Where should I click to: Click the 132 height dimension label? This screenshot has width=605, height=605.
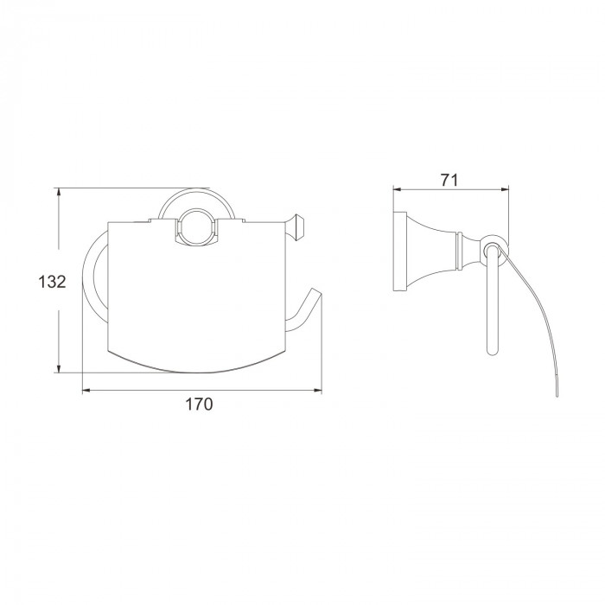point(52,282)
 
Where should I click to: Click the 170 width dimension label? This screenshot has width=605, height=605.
point(199,404)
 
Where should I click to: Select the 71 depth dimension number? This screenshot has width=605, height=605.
point(449,180)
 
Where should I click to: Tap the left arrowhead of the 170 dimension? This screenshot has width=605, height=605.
point(86,391)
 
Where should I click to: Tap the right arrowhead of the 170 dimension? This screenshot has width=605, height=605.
point(318,391)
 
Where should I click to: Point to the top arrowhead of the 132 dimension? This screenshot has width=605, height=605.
point(58,192)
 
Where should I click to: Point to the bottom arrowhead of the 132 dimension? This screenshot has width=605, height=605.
point(58,368)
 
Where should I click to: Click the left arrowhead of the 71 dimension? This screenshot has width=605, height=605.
point(398,189)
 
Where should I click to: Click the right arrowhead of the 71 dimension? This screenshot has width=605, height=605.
point(505,189)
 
